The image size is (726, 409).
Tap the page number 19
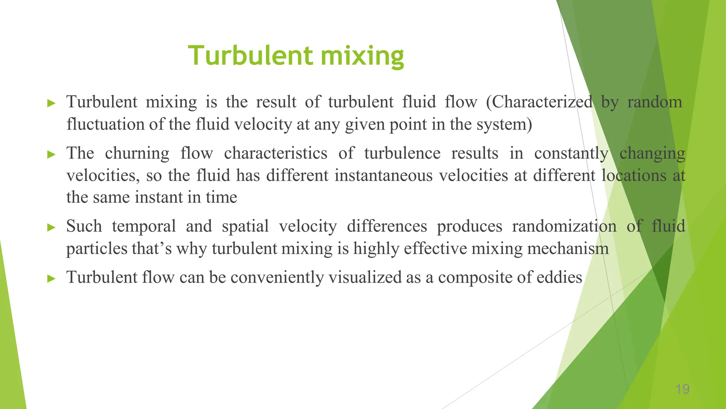pos(682,389)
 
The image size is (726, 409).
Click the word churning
pos(137,154)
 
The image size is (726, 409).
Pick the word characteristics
pos(275,154)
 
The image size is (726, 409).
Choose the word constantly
pos(571,154)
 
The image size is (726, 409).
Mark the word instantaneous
pos(383,176)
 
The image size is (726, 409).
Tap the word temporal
pos(144,227)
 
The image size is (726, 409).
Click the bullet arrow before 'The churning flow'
pos(52,154)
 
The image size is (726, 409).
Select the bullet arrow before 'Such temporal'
pos(52,227)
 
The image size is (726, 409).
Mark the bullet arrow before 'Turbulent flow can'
pos(52,278)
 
